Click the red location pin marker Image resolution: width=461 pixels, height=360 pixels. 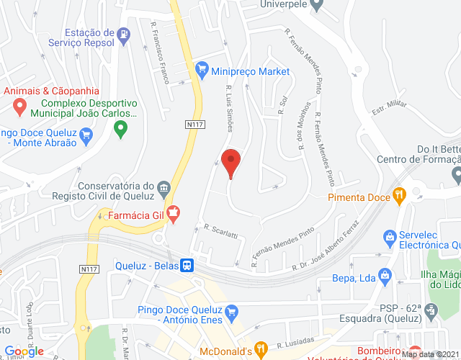(230, 162)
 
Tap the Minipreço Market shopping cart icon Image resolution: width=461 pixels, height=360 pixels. (201, 71)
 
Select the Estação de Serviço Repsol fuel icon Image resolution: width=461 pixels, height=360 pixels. (125, 34)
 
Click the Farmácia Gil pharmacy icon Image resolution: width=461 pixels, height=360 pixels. (172, 214)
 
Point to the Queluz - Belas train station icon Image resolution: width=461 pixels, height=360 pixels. (187, 265)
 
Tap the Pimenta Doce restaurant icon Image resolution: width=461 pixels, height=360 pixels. (399, 195)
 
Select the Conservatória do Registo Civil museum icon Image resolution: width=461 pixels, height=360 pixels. (164, 189)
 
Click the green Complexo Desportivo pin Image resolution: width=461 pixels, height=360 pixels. (120, 130)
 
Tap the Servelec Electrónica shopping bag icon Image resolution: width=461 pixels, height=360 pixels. (390, 237)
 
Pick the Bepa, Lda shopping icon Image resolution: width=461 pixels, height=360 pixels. (385, 275)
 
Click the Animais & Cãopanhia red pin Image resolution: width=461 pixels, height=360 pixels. (19, 107)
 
